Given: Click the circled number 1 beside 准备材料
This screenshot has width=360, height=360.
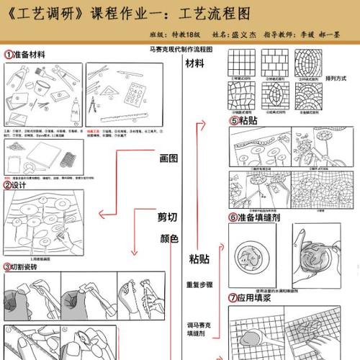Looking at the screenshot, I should point(9,53).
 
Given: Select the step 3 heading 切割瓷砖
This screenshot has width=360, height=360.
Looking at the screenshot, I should point(30,266).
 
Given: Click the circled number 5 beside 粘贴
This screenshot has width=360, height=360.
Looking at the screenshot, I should point(233,121).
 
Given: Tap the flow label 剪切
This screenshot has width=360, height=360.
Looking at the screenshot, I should point(168,217).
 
